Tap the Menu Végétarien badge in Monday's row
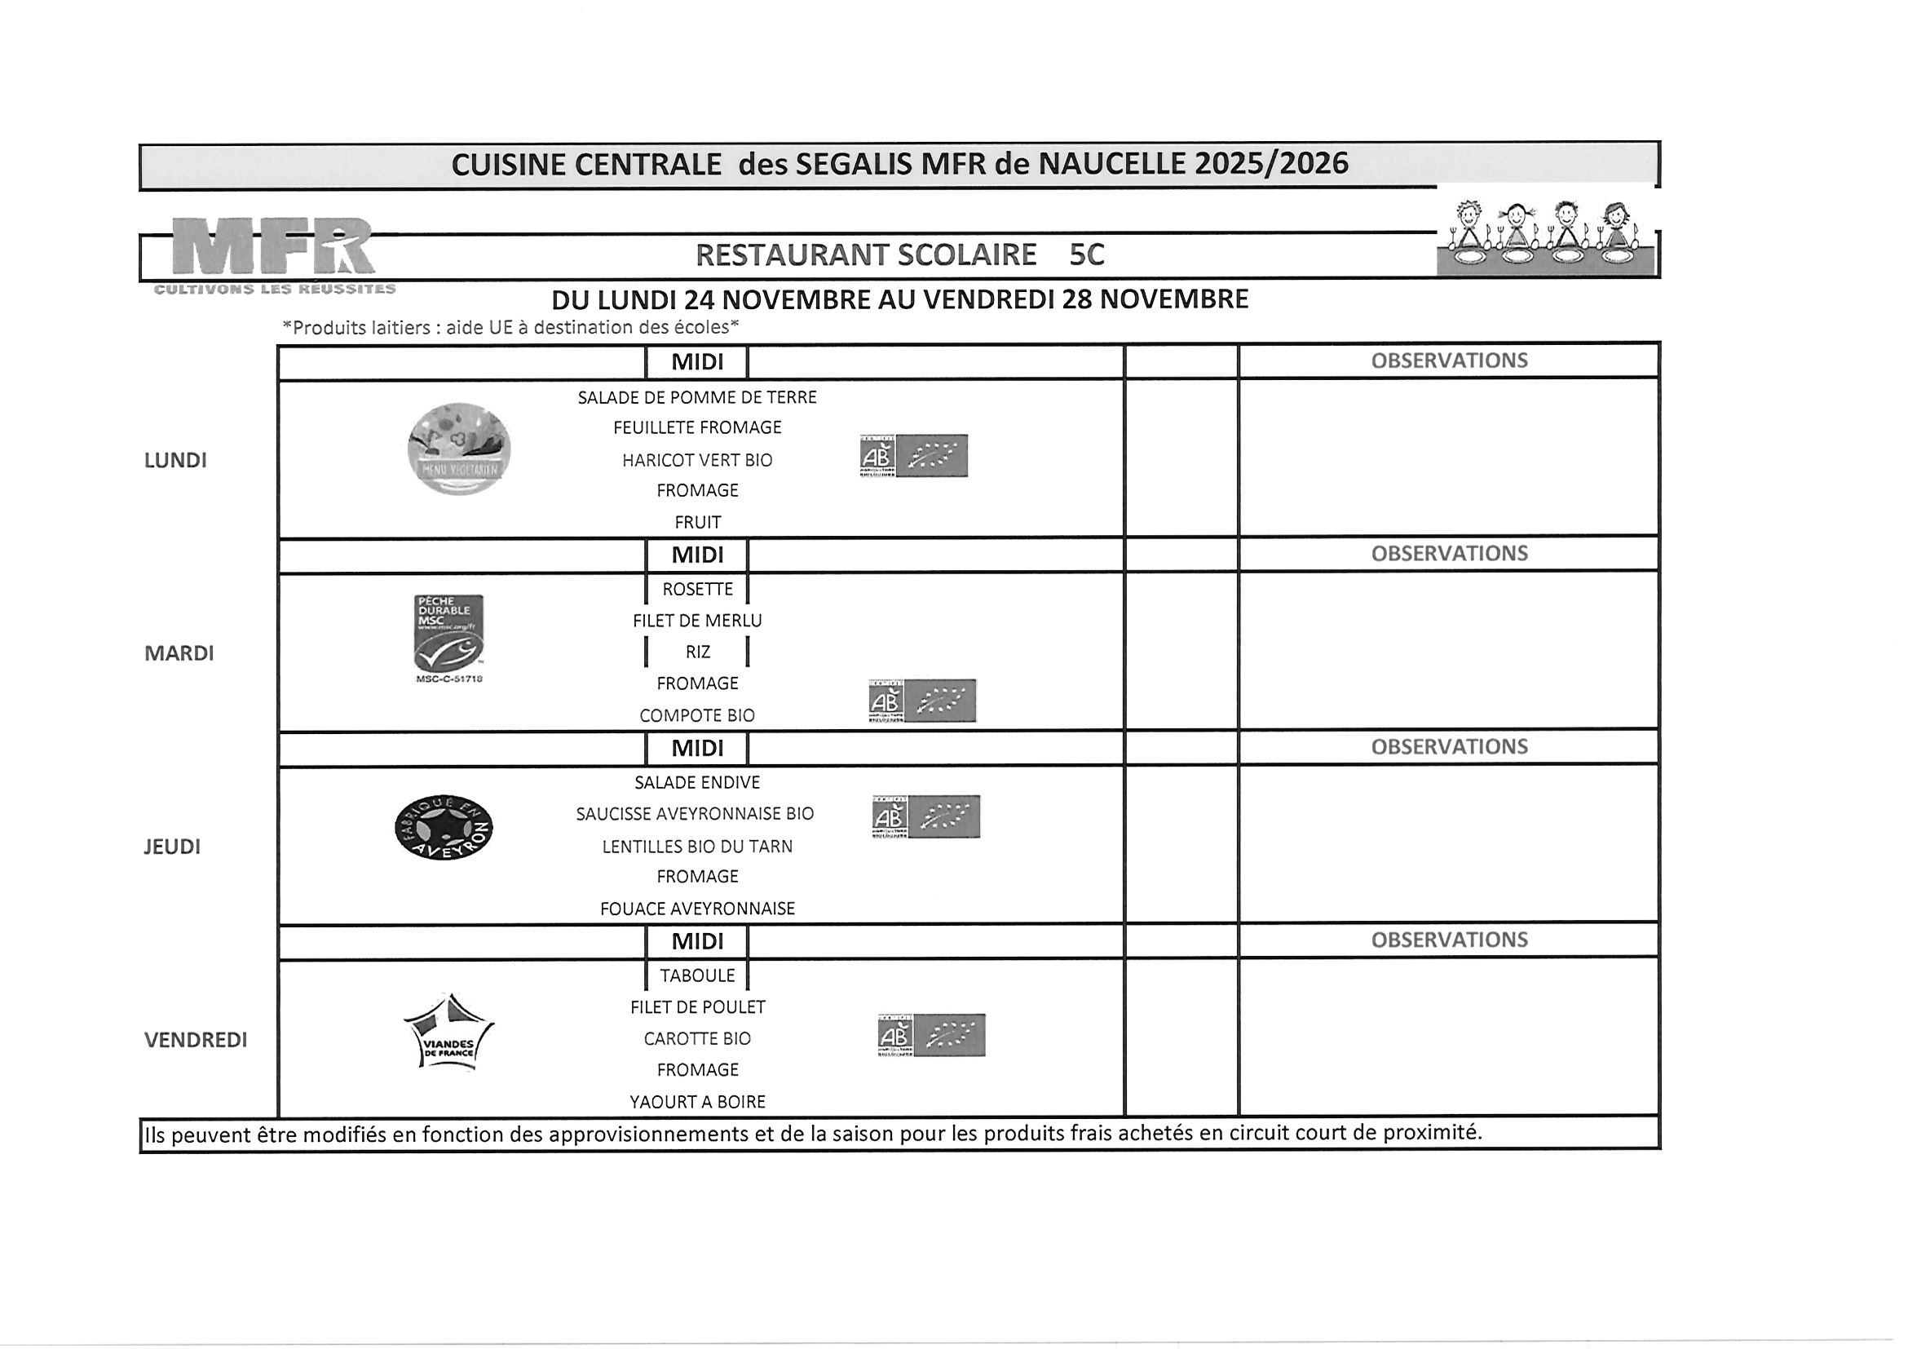click(459, 449)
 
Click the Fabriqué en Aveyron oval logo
click(444, 828)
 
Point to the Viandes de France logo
click(448, 1033)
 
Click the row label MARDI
click(179, 653)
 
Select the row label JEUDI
click(172, 847)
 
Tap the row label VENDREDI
click(196, 1040)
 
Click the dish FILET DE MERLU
click(696, 621)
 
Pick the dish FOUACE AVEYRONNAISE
click(696, 909)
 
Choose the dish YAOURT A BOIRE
click(696, 1102)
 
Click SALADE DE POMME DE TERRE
click(696, 397)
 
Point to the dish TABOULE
click(696, 975)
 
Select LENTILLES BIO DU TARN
click(696, 846)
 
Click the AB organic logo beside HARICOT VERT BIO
click(913, 455)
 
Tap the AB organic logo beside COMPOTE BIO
click(921, 701)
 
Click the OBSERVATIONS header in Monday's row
click(1448, 360)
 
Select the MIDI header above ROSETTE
click(696, 555)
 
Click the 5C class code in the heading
click(1086, 255)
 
